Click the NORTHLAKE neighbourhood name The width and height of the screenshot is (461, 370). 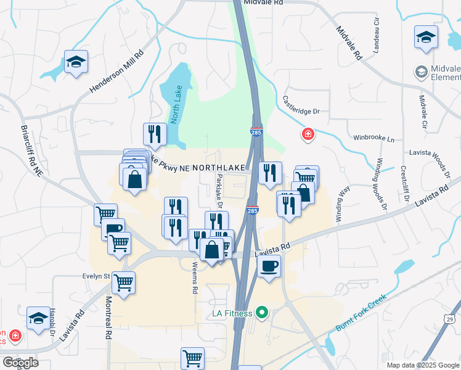tap(218, 168)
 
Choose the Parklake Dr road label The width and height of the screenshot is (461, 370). tap(219, 191)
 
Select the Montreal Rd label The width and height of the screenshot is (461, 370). tap(108, 316)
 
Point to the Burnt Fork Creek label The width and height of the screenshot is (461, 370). tap(361, 312)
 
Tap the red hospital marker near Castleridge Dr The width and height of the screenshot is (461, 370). tap(307, 133)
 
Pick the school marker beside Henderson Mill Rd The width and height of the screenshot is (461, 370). tap(76, 62)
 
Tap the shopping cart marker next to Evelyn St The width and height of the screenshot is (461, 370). tap(124, 284)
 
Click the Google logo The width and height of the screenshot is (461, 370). tap(20, 363)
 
